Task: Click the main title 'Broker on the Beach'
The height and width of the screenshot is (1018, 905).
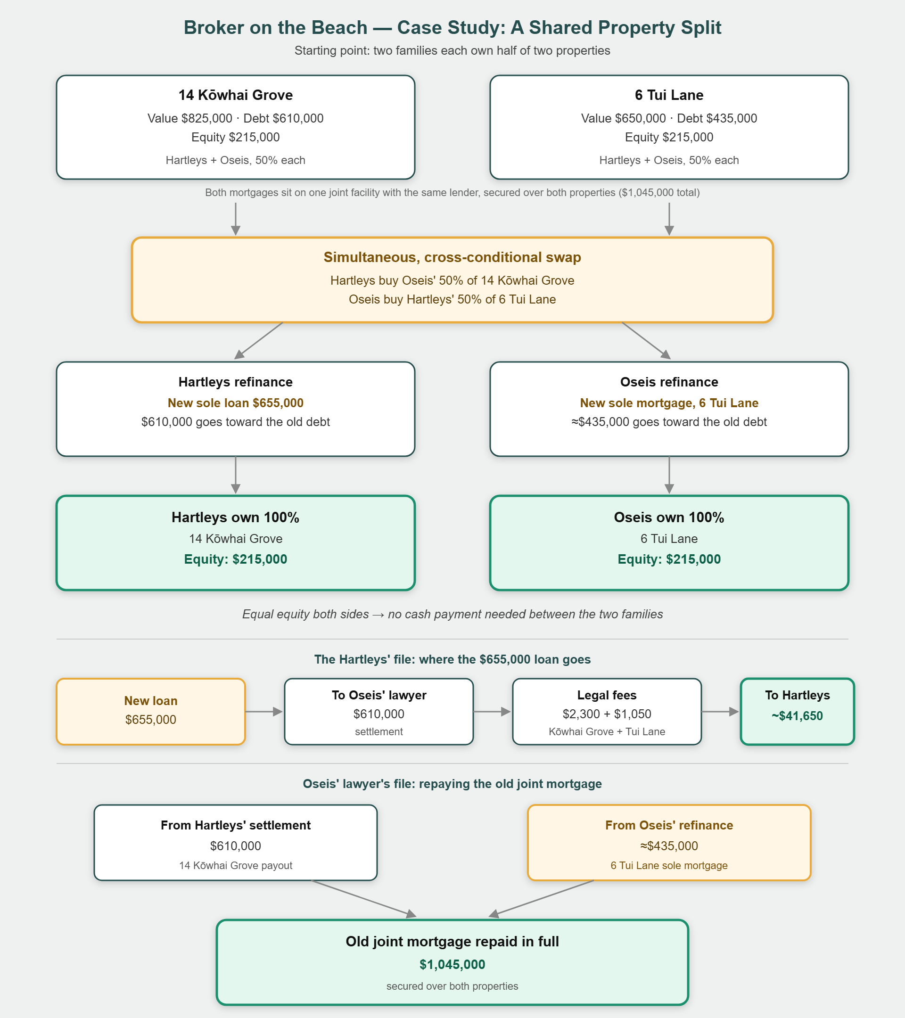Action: [x=275, y=27]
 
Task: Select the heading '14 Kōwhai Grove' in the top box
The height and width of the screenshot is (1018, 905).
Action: [x=236, y=95]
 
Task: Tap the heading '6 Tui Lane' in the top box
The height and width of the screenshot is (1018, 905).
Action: [x=669, y=95]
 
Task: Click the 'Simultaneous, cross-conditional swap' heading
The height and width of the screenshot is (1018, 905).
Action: [x=452, y=257]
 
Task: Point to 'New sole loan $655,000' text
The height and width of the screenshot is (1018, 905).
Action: [x=236, y=403]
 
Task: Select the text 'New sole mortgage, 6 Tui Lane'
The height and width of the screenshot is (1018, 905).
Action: [x=669, y=403]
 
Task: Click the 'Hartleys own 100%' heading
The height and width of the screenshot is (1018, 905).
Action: [x=236, y=517]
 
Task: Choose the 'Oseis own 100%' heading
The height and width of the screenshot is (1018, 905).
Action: [x=669, y=517]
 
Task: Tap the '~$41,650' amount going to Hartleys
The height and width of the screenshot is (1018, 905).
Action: [x=798, y=716]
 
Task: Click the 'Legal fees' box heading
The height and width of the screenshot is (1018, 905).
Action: [x=607, y=695]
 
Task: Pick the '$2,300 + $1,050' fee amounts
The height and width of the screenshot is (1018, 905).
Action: [x=607, y=714]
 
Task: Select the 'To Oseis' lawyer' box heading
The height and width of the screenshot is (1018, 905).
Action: [x=379, y=695]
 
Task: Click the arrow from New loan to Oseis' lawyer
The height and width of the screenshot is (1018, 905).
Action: [x=264, y=712]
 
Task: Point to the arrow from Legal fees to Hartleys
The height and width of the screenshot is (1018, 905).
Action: [x=720, y=712]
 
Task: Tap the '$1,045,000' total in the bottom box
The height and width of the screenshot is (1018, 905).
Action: [x=452, y=965]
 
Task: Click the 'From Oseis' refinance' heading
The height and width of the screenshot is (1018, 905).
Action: [x=669, y=825]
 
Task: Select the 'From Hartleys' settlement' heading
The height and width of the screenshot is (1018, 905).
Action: [x=236, y=825]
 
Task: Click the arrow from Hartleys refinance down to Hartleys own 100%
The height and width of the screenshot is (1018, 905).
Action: [x=236, y=475]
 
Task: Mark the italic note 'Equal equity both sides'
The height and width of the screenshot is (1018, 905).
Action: [x=305, y=614]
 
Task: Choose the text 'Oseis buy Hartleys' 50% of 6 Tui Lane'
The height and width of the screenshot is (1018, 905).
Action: [x=452, y=299]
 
